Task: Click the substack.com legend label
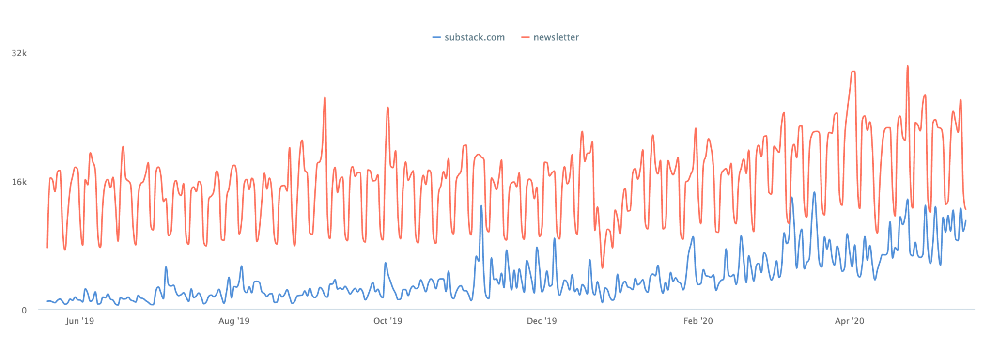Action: [474, 37]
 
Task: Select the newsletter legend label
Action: [556, 37]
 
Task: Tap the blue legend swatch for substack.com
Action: [436, 37]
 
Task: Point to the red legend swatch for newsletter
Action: [526, 37]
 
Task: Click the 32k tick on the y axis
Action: [19, 53]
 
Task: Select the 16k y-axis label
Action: [19, 182]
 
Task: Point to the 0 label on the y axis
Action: [24, 310]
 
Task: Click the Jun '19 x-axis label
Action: [80, 321]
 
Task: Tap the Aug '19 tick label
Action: [234, 321]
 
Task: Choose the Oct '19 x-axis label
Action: [387, 321]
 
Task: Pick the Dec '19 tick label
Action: [542, 321]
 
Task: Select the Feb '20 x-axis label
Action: [698, 321]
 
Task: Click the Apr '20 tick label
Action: [850, 321]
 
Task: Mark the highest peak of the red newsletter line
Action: [907, 66]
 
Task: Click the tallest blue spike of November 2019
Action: [481, 205]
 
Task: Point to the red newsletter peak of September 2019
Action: [325, 98]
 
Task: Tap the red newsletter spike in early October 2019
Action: [387, 107]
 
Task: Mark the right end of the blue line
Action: [966, 220]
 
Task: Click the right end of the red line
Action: [966, 209]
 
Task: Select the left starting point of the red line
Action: [47, 248]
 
